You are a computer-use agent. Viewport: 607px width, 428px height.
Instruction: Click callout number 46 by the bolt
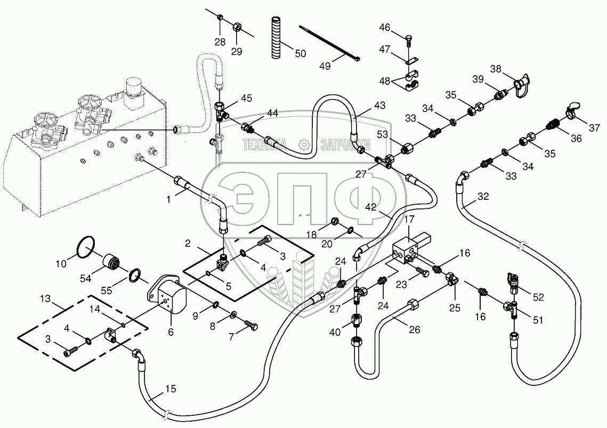(384, 27)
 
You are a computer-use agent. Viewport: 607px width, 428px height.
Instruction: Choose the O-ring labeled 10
(85, 248)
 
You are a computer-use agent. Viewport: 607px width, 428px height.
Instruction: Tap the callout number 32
(483, 197)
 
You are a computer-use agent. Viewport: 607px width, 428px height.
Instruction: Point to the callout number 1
(169, 199)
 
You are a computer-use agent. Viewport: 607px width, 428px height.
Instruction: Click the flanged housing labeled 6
(167, 296)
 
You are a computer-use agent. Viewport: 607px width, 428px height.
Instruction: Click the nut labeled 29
(237, 26)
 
